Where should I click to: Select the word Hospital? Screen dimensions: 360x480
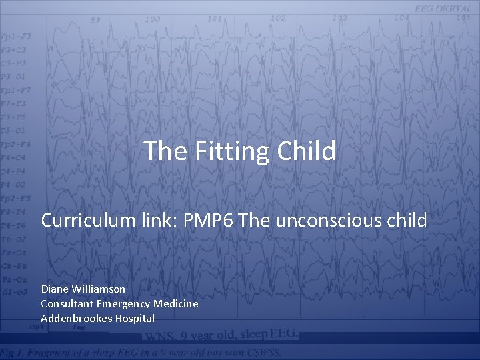tap(135, 318)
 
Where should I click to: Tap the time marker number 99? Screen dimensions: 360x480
tap(96, 20)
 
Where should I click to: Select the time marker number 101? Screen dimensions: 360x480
tap(214, 19)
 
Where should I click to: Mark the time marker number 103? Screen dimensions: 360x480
tap(339, 18)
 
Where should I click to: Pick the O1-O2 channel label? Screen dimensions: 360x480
tap(15, 292)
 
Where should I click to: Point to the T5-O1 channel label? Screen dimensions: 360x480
tap(13, 130)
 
